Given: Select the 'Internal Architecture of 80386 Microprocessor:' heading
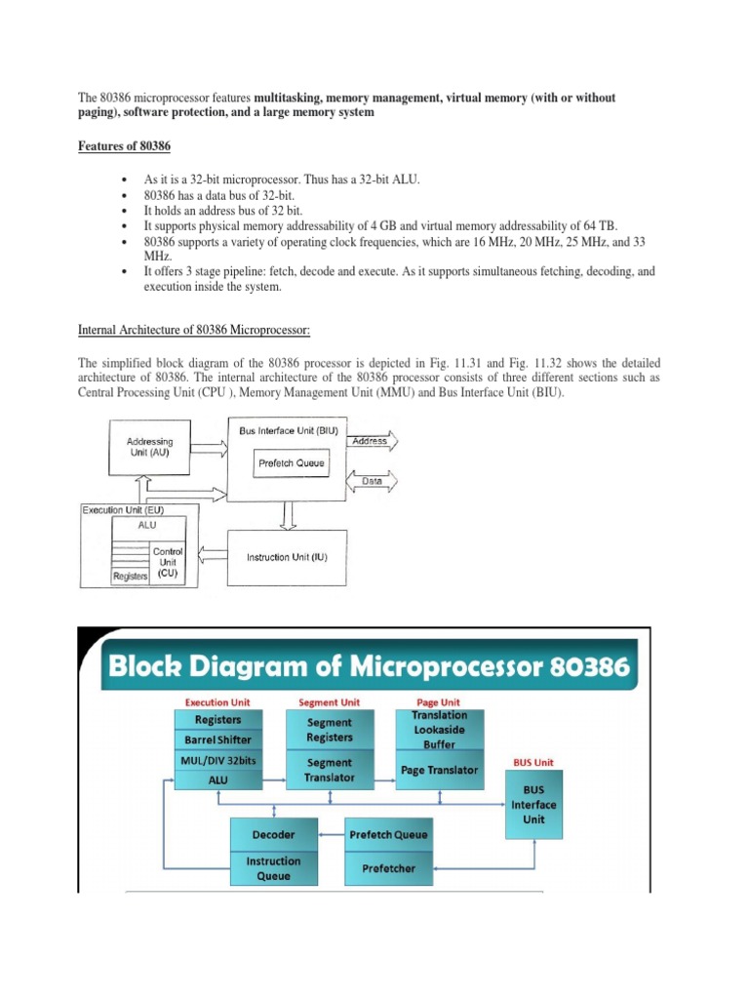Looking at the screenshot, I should (193, 331).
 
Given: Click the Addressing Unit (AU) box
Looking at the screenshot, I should (151, 448).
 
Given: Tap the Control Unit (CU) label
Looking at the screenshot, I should (169, 564).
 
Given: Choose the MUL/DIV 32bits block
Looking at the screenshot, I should (218, 760).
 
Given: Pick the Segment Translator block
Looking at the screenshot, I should (330, 769).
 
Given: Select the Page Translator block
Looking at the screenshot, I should (439, 770).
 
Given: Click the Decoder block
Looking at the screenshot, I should (274, 835).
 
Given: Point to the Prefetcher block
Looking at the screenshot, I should (388, 865).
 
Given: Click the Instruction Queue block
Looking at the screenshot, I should (274, 867).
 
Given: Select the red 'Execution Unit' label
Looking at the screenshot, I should (217, 701).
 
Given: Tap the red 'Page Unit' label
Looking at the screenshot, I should (439, 701).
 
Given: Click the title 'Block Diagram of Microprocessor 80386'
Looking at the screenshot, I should (369, 667).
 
